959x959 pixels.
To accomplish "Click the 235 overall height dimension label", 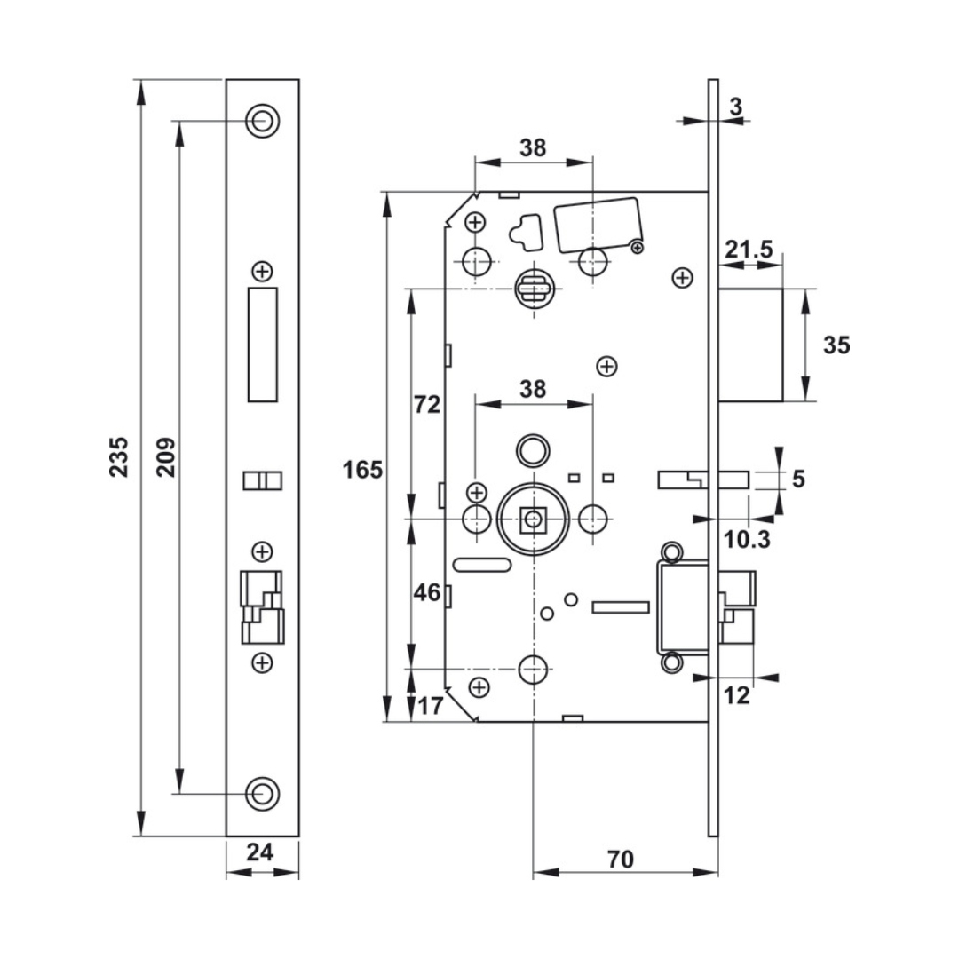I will coord(119,456).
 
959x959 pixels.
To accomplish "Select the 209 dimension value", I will coord(167,456).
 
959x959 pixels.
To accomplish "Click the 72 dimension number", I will coord(427,405).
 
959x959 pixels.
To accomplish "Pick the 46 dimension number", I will coord(427,592).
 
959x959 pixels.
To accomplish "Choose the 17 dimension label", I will coord(431,707).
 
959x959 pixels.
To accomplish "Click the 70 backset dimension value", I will coord(621,859).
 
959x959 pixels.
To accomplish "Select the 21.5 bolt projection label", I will coord(748,250).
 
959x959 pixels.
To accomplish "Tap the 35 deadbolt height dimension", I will coord(836,345).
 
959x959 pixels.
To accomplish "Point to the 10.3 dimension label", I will coord(748,539).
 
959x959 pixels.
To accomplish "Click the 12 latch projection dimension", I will coord(737,695).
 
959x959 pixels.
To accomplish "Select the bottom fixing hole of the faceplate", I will coord(261,793).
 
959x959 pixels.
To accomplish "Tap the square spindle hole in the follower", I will coord(533,519).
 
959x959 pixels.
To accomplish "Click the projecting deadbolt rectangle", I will coord(750,345).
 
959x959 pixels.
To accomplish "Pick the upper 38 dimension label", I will coord(533,148).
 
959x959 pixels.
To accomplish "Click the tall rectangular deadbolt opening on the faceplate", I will coord(262,345).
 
